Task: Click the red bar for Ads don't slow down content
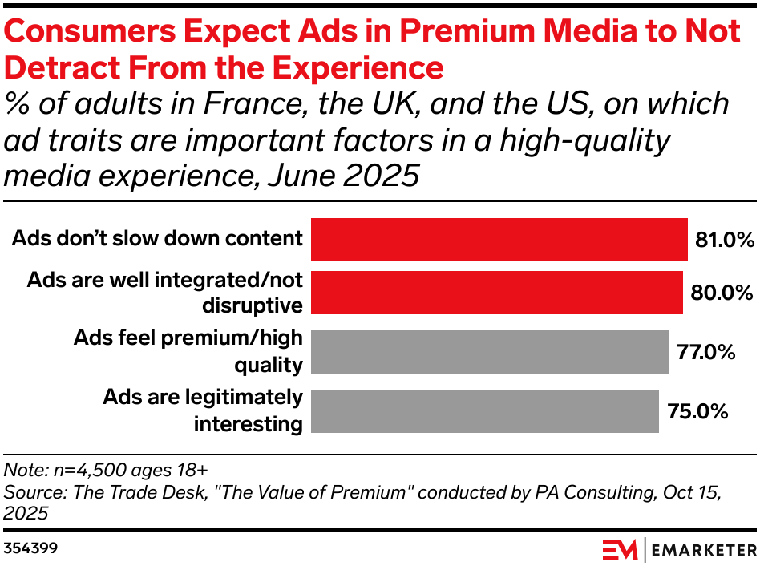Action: click(x=499, y=239)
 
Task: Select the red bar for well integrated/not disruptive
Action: click(x=496, y=293)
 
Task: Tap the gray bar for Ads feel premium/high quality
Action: click(x=489, y=351)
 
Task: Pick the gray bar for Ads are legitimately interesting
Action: click(x=484, y=410)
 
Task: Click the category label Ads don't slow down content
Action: click(x=156, y=238)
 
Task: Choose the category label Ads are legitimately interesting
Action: click(x=202, y=410)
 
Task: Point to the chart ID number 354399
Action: click(x=30, y=549)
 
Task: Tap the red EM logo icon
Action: click(x=620, y=550)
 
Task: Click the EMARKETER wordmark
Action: click(x=703, y=550)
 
